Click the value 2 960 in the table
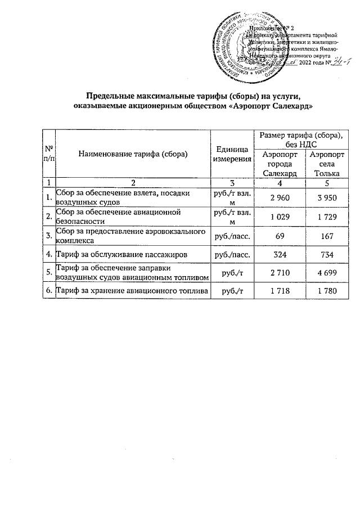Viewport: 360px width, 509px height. (279, 197)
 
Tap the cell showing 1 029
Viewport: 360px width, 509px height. (279, 216)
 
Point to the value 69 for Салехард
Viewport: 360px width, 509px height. (279, 236)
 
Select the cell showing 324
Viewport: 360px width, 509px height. (279, 255)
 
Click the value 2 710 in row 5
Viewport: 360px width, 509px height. (279, 274)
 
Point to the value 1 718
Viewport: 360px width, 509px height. (279, 290)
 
